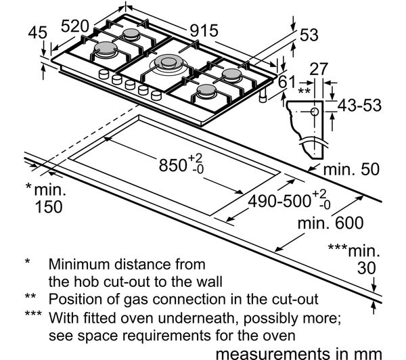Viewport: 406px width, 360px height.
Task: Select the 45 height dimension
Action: pyautogui.click(x=39, y=32)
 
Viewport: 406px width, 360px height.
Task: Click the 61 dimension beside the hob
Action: pyautogui.click(x=288, y=82)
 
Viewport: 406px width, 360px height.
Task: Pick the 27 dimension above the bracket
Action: pyautogui.click(x=319, y=68)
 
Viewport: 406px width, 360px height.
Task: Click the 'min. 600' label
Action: pyautogui.click(x=330, y=223)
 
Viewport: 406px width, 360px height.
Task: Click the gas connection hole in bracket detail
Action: pyautogui.click(x=315, y=111)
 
